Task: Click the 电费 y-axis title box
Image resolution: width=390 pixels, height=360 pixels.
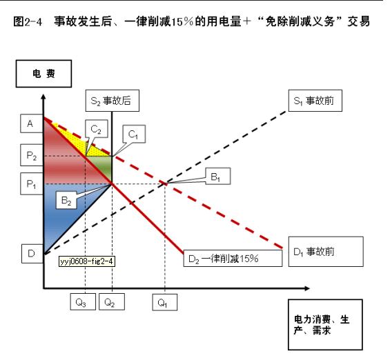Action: point(43,74)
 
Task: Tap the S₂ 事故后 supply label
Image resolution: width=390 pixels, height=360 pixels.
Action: point(113,101)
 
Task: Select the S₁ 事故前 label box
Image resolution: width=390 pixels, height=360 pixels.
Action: point(315,101)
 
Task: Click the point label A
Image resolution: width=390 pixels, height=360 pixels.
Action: point(31,123)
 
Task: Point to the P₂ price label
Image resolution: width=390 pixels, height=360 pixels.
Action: point(31,155)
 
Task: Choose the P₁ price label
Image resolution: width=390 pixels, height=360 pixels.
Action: point(31,183)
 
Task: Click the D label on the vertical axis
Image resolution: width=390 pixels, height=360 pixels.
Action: point(32,254)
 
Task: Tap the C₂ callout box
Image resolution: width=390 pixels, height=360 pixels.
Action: point(97,129)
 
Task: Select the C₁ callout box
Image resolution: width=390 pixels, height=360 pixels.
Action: point(134,134)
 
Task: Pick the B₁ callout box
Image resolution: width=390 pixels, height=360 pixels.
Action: point(218,177)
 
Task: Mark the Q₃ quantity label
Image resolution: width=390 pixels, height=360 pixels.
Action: point(83,302)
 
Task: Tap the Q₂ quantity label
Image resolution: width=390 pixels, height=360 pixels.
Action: point(112,302)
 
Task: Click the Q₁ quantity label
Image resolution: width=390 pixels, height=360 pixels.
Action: point(165,302)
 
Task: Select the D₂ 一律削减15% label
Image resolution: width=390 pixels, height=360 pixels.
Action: point(233,259)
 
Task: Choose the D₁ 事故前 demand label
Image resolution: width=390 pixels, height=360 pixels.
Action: point(326,252)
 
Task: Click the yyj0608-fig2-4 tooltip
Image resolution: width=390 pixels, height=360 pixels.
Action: point(87,261)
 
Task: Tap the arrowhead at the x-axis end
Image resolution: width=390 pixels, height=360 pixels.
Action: point(307,288)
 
